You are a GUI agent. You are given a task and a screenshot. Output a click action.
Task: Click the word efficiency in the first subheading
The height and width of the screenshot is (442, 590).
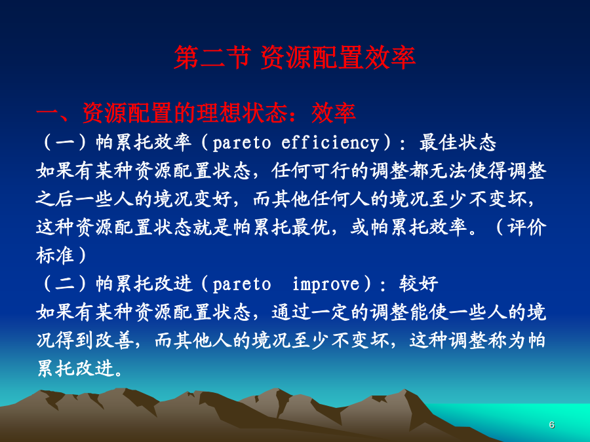pos(330,143)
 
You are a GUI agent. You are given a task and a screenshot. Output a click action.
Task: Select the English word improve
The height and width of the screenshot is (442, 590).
pos(326,285)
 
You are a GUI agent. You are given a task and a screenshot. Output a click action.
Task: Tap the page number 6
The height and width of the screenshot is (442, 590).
pos(551,425)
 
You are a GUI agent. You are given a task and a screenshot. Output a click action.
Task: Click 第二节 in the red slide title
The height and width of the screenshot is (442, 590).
pos(212,58)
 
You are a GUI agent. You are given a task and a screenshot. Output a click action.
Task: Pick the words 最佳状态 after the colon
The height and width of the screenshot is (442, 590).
pos(458,143)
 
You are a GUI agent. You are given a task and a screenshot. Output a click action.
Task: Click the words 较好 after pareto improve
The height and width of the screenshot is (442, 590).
pos(418,284)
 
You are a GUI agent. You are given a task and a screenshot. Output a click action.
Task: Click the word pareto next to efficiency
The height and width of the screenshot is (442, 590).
pos(241,143)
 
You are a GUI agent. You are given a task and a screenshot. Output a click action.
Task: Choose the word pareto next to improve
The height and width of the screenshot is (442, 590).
pos(241,285)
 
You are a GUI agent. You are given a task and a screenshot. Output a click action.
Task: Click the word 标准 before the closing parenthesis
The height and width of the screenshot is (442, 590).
pos(55,255)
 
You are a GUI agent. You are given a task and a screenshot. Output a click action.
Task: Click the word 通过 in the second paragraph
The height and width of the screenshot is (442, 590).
pos(291,312)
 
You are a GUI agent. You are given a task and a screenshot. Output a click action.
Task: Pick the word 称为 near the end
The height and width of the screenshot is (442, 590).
pos(507,340)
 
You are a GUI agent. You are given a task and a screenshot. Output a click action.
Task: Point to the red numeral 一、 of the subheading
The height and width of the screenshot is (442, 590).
pos(57,113)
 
